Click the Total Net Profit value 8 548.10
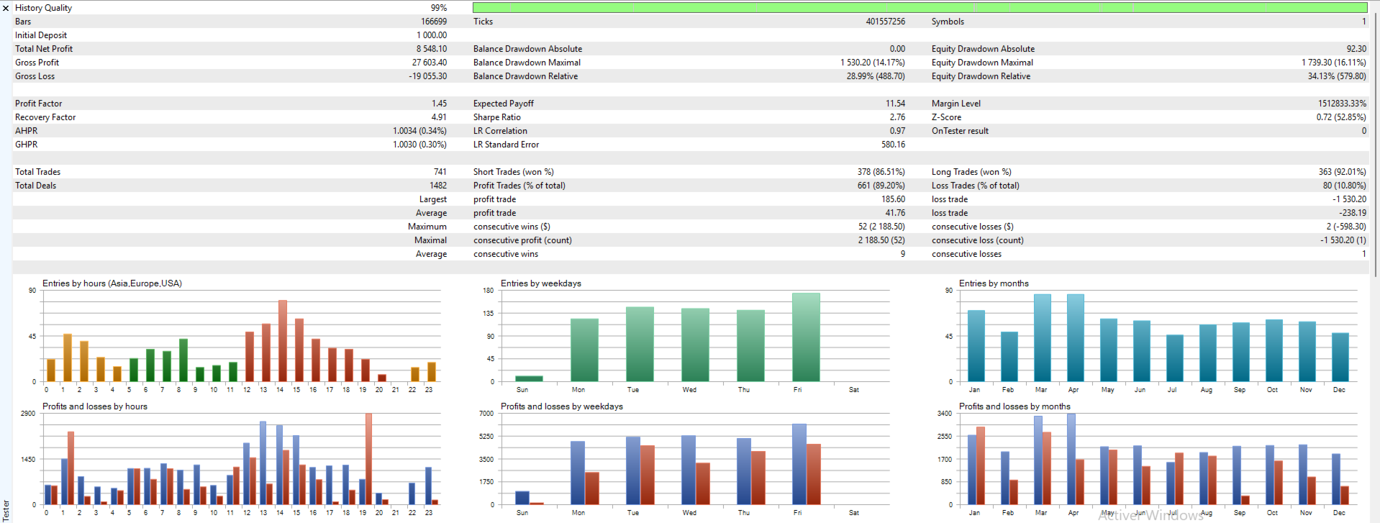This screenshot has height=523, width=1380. click(431, 49)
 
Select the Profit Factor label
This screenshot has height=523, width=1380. click(39, 104)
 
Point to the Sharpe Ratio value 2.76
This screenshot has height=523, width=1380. click(896, 117)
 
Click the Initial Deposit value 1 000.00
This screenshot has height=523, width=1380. click(431, 35)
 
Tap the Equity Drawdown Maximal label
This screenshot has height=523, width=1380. click(981, 63)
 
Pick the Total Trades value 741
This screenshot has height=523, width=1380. click(440, 172)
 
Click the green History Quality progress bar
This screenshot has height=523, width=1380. click(919, 8)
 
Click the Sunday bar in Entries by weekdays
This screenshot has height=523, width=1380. click(529, 378)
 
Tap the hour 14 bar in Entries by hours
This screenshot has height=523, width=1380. click(283, 340)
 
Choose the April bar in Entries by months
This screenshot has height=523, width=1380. click(1075, 337)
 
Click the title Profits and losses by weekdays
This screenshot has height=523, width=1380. click(561, 406)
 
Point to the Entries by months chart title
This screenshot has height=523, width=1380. click(993, 283)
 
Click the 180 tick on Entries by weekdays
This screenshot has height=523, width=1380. click(488, 291)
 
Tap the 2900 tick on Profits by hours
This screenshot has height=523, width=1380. click(28, 414)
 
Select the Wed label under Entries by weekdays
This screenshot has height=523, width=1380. click(689, 390)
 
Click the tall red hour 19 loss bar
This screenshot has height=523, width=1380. click(368, 458)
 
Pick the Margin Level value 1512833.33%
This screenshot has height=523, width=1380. click(1341, 104)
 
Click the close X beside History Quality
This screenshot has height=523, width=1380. click(6, 9)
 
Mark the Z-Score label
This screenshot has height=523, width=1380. click(945, 117)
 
